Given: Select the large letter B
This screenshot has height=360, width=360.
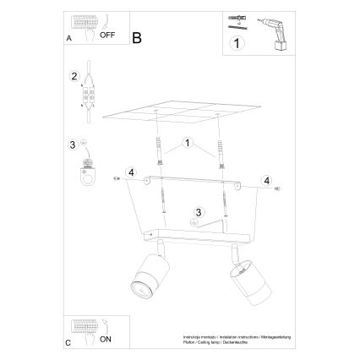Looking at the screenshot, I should point(136,35).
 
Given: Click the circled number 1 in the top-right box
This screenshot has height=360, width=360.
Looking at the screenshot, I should point(238,41).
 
